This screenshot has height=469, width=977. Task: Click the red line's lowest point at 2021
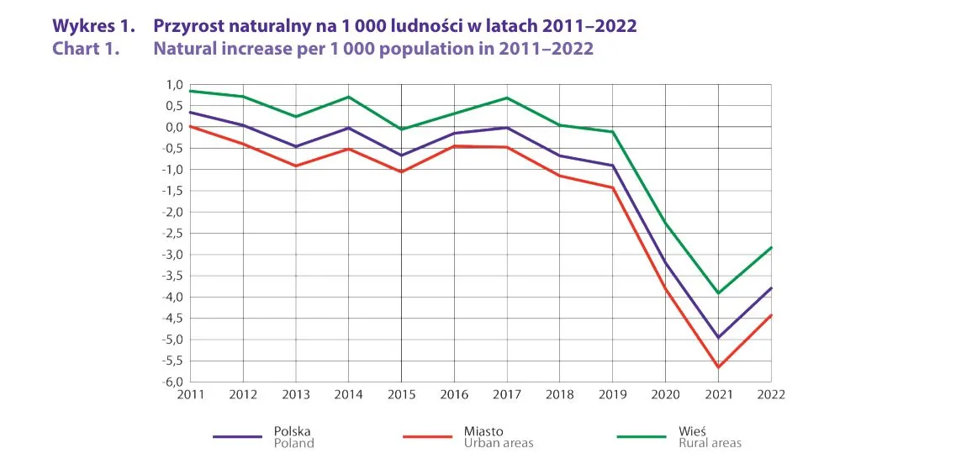click(x=718, y=366)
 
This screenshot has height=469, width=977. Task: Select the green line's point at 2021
click(x=718, y=292)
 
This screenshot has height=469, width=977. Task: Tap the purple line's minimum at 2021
click(x=718, y=337)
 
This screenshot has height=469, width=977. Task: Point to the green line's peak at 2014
click(x=349, y=97)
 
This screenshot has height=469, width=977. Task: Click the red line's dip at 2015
click(x=401, y=171)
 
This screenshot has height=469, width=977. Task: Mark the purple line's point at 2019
click(x=613, y=166)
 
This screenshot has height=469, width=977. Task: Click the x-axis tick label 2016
click(x=454, y=393)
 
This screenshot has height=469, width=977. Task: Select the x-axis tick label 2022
click(x=770, y=393)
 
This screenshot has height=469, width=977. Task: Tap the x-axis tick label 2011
click(x=191, y=393)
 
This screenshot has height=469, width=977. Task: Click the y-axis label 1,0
click(x=175, y=85)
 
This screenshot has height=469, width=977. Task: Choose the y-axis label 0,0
click(x=175, y=127)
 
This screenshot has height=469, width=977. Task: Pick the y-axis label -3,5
click(x=173, y=276)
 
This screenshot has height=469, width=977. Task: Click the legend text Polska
click(x=293, y=431)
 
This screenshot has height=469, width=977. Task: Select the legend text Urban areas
click(x=499, y=443)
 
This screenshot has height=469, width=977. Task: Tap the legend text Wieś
click(x=692, y=431)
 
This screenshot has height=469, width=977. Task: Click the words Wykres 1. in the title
click(x=93, y=26)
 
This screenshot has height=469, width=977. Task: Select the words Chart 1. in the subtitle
click(x=87, y=48)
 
